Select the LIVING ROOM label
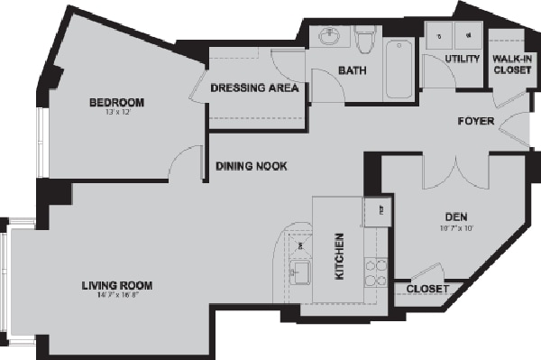point(114,286)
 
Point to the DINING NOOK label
point(251,166)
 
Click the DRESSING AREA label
point(254,88)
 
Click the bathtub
point(398,69)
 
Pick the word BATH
point(352,70)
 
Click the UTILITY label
point(462,60)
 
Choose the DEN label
point(454,217)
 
